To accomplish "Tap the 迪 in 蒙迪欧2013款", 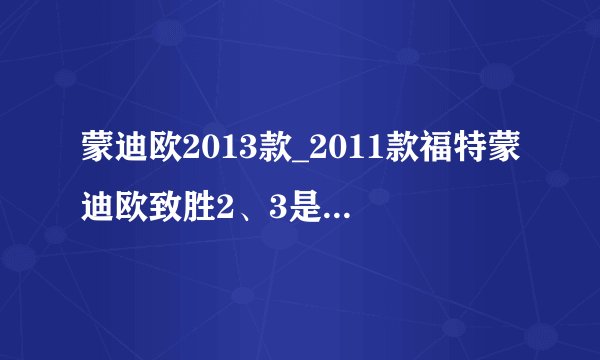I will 125,150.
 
